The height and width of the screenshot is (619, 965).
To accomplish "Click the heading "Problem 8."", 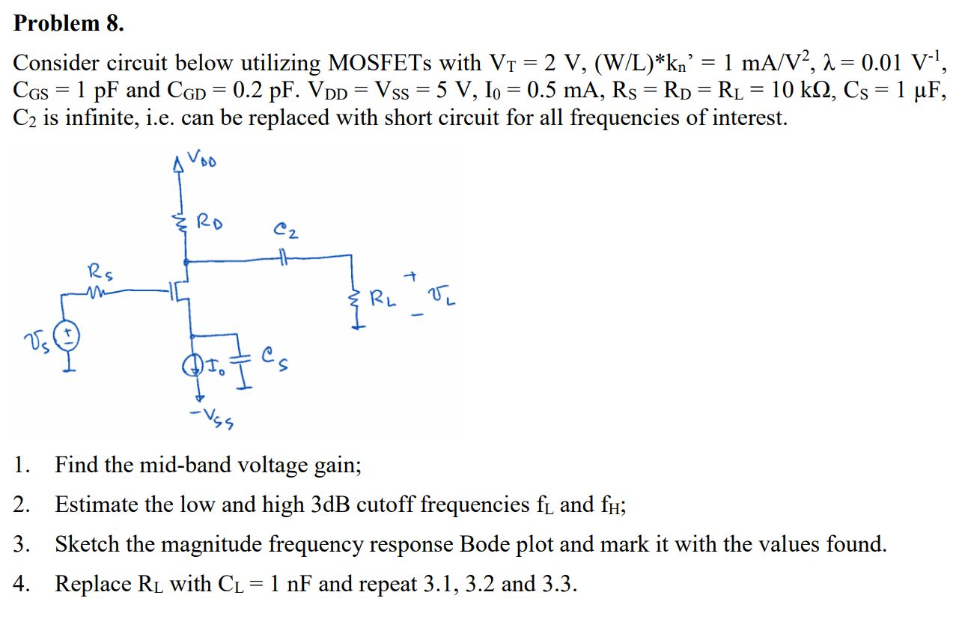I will tap(69, 23).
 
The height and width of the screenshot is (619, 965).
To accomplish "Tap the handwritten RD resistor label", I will tap(209, 222).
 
